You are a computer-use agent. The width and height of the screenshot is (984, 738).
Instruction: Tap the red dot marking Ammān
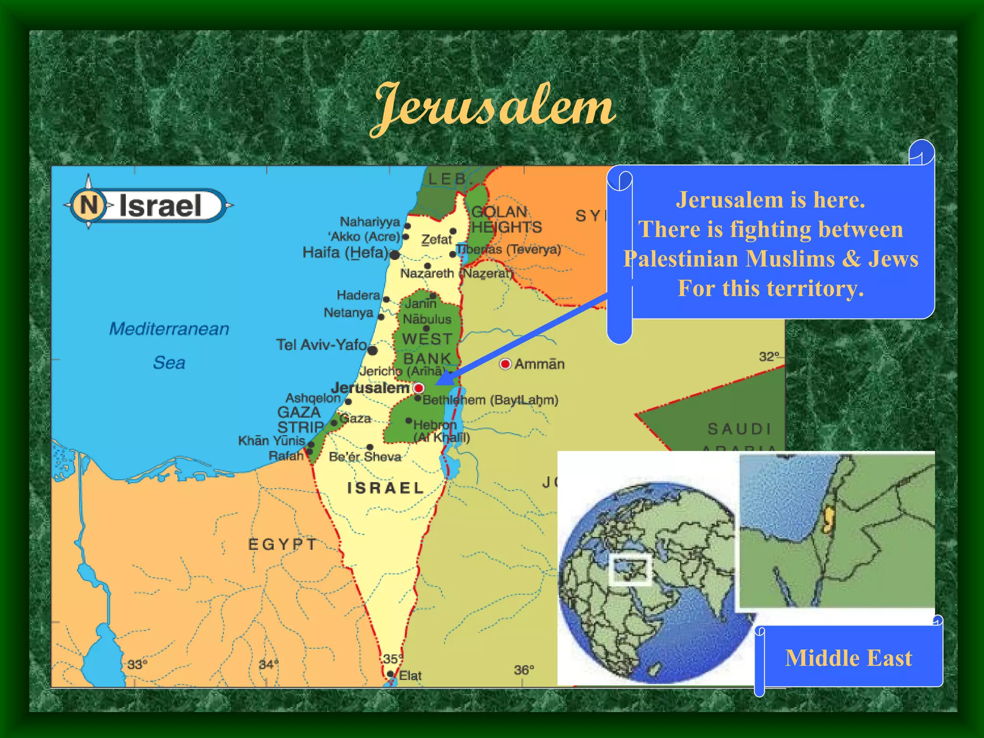(x=505, y=364)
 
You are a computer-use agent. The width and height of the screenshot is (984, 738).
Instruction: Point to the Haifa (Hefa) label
(x=345, y=252)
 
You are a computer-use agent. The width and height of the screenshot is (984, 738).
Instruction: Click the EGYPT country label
(x=283, y=544)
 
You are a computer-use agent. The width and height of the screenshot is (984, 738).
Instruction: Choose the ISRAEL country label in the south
(x=386, y=488)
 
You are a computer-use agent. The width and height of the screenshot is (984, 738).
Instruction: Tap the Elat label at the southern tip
(x=410, y=676)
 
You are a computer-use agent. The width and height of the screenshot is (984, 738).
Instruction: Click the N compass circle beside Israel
(x=88, y=205)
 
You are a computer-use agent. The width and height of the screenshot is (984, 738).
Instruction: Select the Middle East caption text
(x=849, y=658)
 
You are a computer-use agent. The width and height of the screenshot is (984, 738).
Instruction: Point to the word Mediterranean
(x=169, y=329)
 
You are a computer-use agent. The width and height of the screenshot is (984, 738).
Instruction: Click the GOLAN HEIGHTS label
(x=506, y=219)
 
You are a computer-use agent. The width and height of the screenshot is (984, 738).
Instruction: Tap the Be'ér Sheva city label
(x=365, y=456)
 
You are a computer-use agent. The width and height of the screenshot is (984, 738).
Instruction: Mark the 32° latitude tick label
(x=769, y=357)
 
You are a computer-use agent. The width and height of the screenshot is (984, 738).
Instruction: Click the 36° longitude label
(x=524, y=670)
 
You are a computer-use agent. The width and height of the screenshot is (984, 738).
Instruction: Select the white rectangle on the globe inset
(x=630, y=570)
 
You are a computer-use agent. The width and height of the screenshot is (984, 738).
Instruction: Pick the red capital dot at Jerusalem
(x=419, y=388)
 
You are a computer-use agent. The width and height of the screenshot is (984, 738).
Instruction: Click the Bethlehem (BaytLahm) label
(x=490, y=400)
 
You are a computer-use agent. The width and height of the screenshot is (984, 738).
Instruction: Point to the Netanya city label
(x=348, y=312)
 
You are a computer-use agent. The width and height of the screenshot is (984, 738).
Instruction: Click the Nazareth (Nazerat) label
(x=456, y=273)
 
